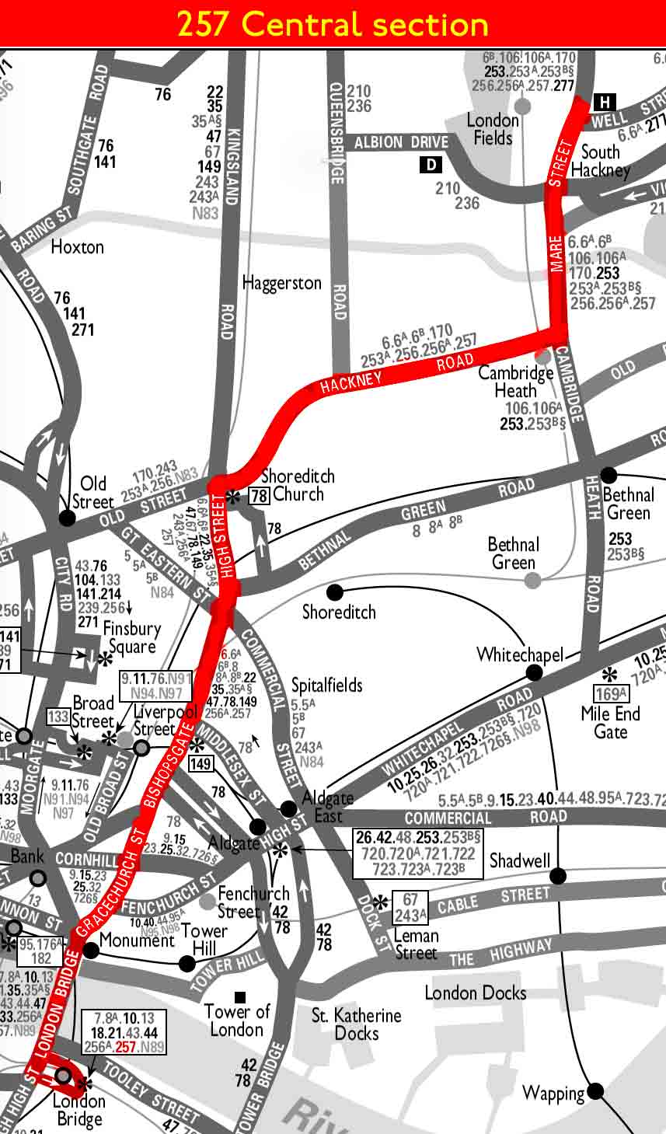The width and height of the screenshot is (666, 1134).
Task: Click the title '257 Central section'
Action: point(333,23)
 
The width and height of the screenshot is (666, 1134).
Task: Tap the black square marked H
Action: point(605,102)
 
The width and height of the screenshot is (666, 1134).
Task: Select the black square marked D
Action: point(431,164)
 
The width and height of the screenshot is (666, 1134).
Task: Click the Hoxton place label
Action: point(77,247)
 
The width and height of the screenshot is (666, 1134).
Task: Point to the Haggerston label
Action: point(281,283)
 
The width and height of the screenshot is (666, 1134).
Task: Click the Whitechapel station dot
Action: point(534,672)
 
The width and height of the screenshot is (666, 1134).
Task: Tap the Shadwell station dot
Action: point(558,877)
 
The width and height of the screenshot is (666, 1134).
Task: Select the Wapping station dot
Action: point(596,1091)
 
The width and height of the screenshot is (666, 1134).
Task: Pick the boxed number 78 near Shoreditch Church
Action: point(259,495)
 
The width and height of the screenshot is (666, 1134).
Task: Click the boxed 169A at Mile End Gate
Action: point(611,694)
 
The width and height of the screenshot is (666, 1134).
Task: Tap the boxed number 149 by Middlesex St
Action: point(200,764)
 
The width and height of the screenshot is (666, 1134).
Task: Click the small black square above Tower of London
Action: point(240,997)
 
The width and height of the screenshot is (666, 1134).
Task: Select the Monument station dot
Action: point(91,950)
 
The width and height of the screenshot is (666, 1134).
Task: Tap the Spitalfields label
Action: point(326,685)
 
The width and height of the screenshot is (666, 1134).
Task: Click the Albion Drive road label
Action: point(401,142)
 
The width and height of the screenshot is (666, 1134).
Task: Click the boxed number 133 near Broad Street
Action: point(58,717)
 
